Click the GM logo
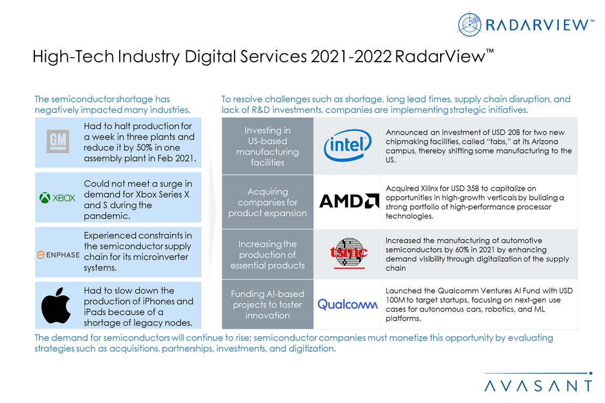coord(58,142)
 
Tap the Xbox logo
coord(57,198)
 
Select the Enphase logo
coord(58,255)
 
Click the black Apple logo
coord(56,305)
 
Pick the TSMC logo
coord(348,253)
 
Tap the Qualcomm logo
coord(347,304)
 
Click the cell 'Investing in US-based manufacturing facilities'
coord(267,146)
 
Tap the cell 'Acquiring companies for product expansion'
coord(267,202)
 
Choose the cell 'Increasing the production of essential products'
coord(267,254)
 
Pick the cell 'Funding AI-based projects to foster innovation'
coord(267,304)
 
